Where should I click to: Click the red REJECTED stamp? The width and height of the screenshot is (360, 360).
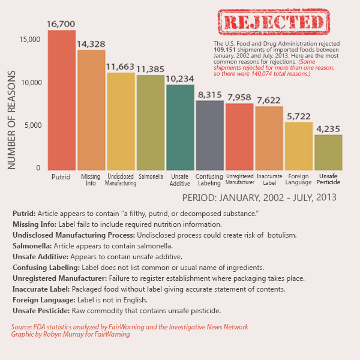coord(273,23)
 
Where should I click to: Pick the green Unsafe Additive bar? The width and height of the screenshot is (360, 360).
coord(180,127)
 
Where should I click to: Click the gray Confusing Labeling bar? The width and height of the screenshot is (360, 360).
coord(210,134)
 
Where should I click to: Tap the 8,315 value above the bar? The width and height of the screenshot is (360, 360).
coord(210,94)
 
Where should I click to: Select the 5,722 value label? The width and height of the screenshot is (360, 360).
coord(299,116)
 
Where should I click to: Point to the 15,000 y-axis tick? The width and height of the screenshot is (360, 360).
coord(29,40)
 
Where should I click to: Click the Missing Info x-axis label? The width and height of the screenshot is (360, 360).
coord(91,179)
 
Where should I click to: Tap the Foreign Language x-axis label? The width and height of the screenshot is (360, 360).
coord(299,179)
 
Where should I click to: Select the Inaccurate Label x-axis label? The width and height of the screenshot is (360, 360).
coord(269,179)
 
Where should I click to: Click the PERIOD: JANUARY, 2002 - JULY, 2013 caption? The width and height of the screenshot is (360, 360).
coord(259,197)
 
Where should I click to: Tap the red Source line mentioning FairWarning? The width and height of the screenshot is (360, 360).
coord(129,327)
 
